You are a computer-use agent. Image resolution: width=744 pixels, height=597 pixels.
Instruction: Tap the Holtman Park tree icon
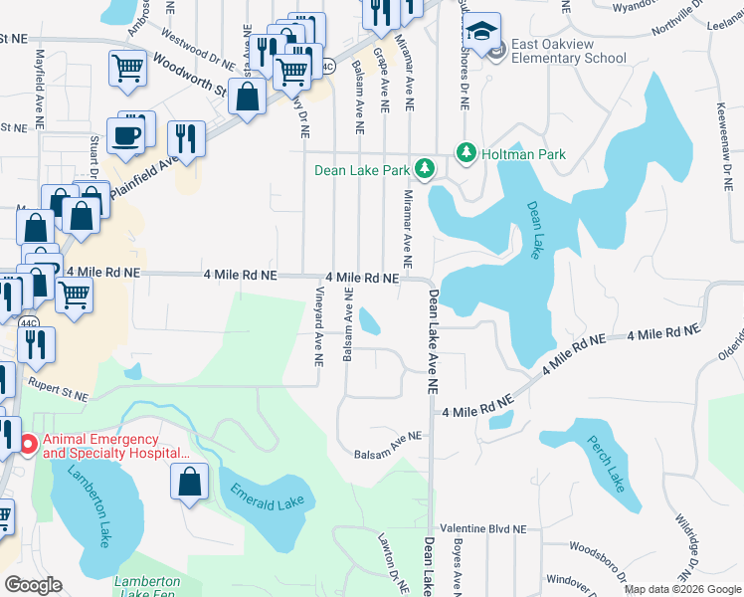[465, 153]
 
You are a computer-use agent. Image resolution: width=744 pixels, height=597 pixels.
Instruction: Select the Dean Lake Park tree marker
[425, 169]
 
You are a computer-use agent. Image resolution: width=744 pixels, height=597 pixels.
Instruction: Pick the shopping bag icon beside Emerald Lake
[189, 485]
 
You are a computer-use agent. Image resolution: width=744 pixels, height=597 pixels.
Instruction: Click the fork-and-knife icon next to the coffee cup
[184, 136]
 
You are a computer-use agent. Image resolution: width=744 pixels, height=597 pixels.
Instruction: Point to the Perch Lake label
[605, 464]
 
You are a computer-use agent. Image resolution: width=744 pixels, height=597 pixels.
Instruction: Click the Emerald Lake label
[267, 497]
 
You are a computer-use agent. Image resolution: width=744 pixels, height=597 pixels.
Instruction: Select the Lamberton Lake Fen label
[146, 587]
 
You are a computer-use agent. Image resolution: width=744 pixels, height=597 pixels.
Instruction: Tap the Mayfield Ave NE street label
[41, 79]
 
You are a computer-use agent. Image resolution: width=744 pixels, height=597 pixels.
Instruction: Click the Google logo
[33, 585]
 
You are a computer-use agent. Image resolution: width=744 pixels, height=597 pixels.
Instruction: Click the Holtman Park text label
[524, 154]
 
